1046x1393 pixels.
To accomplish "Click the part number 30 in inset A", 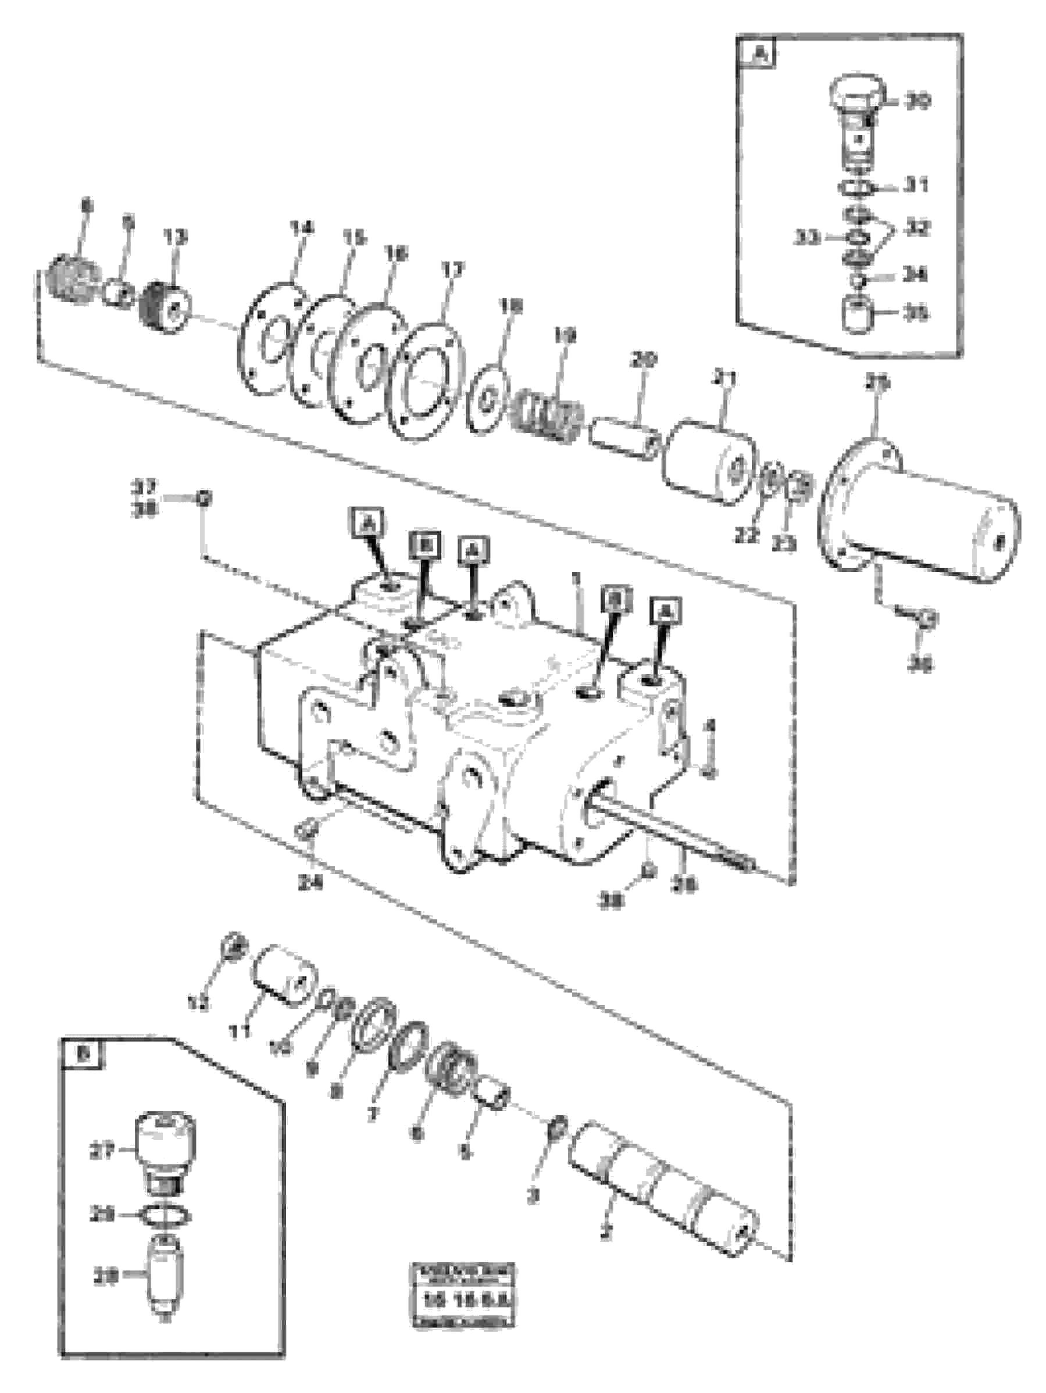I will click(x=917, y=101).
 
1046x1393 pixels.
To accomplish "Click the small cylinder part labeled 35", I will click(x=858, y=314).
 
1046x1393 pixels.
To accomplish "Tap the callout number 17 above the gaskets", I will click(x=452, y=270).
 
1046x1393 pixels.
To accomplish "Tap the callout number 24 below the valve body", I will click(x=310, y=883).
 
